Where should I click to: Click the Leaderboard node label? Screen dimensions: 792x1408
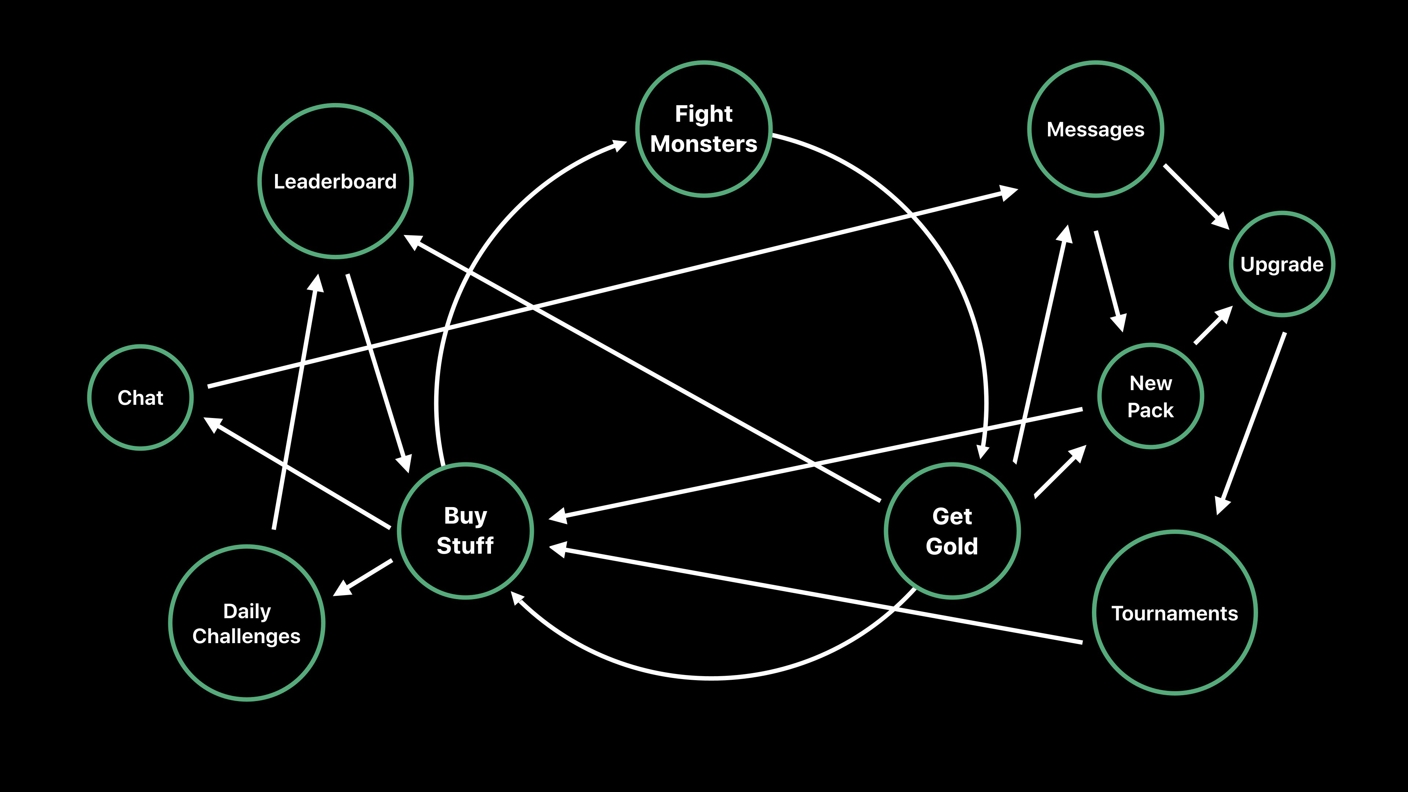coord(335,181)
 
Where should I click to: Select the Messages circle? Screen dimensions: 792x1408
coord(1095,129)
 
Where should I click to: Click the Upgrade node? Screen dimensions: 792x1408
coord(1282,264)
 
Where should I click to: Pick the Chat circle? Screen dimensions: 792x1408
coord(140,398)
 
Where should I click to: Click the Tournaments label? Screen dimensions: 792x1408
coord(1174,613)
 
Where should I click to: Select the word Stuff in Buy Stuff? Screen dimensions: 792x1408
coord(465,546)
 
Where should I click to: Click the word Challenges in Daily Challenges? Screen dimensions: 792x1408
coord(246,636)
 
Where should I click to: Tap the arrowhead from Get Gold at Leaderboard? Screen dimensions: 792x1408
coord(412,241)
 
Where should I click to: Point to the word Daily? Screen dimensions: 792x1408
coord(246,611)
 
